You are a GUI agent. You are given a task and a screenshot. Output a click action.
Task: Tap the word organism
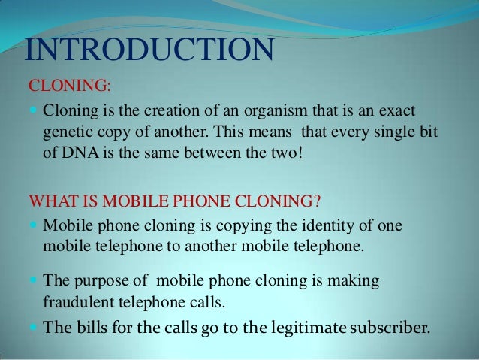pos(277,113)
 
